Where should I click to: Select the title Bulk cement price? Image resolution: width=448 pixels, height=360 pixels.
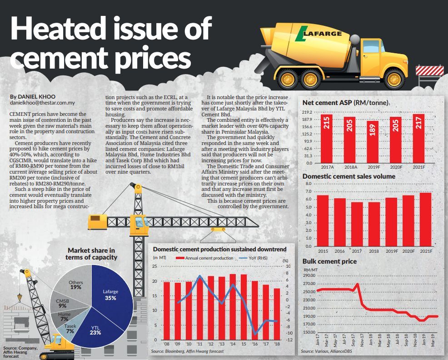329,261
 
